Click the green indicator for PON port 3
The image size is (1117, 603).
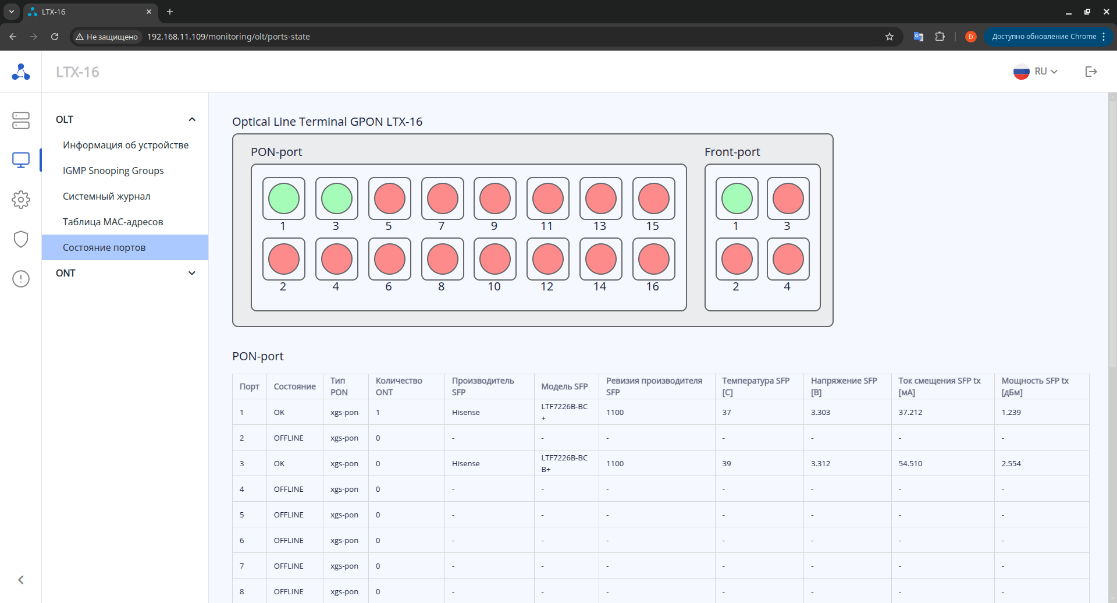(x=336, y=198)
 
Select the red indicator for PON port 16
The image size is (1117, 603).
(x=653, y=259)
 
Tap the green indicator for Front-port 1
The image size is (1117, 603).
(x=737, y=198)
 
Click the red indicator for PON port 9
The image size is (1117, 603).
(x=495, y=198)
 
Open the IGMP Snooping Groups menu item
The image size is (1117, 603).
(x=113, y=171)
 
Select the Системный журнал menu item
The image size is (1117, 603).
(x=106, y=196)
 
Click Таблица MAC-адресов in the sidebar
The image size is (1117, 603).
(x=113, y=222)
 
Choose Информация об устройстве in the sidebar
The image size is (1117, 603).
(x=126, y=145)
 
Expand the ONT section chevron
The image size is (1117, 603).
(x=192, y=273)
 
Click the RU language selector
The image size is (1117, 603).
(x=1036, y=72)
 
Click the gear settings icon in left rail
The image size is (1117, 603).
(x=21, y=200)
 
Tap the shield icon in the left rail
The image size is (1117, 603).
(x=21, y=239)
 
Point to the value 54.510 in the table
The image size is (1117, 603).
(x=910, y=464)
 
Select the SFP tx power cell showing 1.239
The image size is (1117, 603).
(x=1011, y=413)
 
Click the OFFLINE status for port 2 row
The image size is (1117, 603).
(x=289, y=438)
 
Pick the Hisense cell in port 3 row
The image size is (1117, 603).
(x=465, y=464)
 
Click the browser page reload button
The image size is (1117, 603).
(x=55, y=37)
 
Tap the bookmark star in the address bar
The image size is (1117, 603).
(x=889, y=37)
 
